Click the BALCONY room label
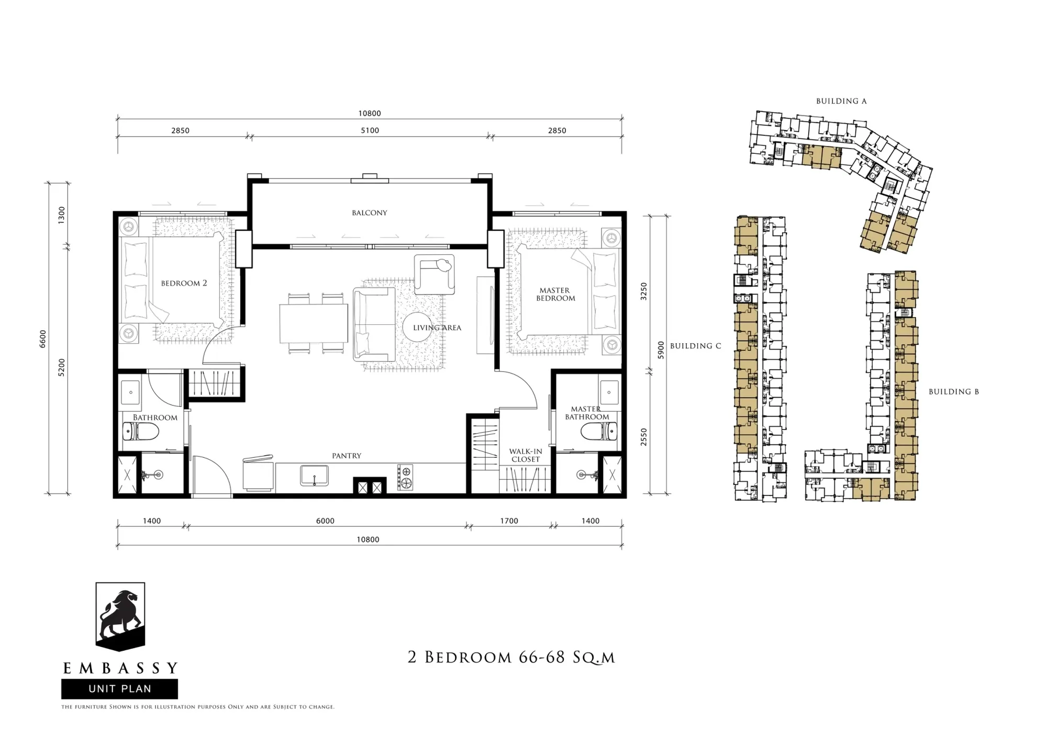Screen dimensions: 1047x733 370,213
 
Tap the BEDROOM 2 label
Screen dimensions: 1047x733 184,283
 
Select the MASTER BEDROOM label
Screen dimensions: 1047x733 555,294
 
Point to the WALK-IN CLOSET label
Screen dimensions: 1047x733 526,455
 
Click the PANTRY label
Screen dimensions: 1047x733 347,456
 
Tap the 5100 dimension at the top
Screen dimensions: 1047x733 370,130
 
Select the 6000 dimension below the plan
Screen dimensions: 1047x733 325,521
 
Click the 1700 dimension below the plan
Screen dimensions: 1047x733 509,521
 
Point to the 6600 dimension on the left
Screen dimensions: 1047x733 43,339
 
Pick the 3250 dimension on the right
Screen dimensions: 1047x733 644,291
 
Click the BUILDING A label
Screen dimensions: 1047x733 841,101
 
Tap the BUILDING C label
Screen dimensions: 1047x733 696,346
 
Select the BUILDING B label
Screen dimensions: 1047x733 954,391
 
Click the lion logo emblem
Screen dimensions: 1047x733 120,616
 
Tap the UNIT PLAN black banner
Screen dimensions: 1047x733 119,689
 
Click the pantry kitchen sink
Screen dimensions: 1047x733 314,476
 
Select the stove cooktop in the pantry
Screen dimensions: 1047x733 405,478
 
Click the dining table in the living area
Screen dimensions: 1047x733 314,323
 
